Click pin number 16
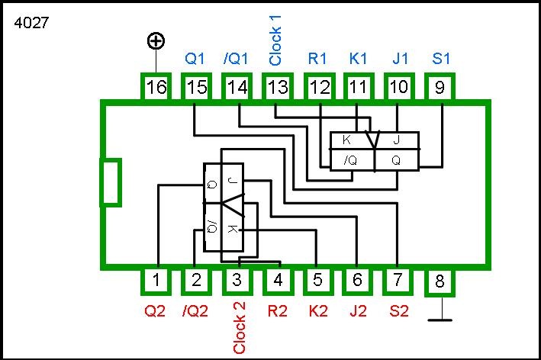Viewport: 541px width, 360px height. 156,88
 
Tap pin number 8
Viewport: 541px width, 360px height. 439,282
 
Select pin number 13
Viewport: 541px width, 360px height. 277,88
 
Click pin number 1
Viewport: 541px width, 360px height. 156,281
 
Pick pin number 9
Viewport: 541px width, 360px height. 439,88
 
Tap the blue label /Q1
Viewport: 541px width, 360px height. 236,58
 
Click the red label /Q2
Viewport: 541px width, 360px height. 196,310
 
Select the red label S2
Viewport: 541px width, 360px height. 398,310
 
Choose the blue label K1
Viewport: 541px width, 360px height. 358,58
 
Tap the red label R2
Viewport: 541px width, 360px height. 277,310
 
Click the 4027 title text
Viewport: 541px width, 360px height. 31,23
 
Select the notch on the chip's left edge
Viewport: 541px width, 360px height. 111,182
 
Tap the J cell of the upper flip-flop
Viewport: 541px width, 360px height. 396,140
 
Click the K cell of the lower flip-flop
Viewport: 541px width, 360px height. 232,229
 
